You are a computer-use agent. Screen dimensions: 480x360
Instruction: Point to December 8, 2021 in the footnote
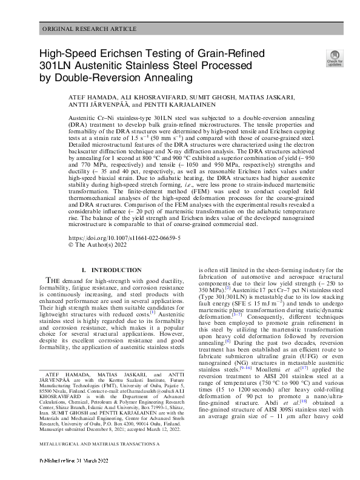[x=121, y=425]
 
